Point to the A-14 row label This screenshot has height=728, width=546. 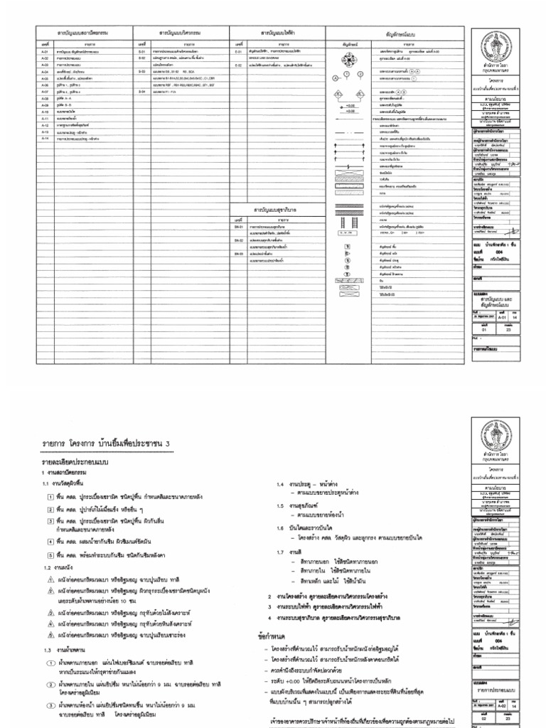point(43,138)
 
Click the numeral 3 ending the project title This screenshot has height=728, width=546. point(168,444)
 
